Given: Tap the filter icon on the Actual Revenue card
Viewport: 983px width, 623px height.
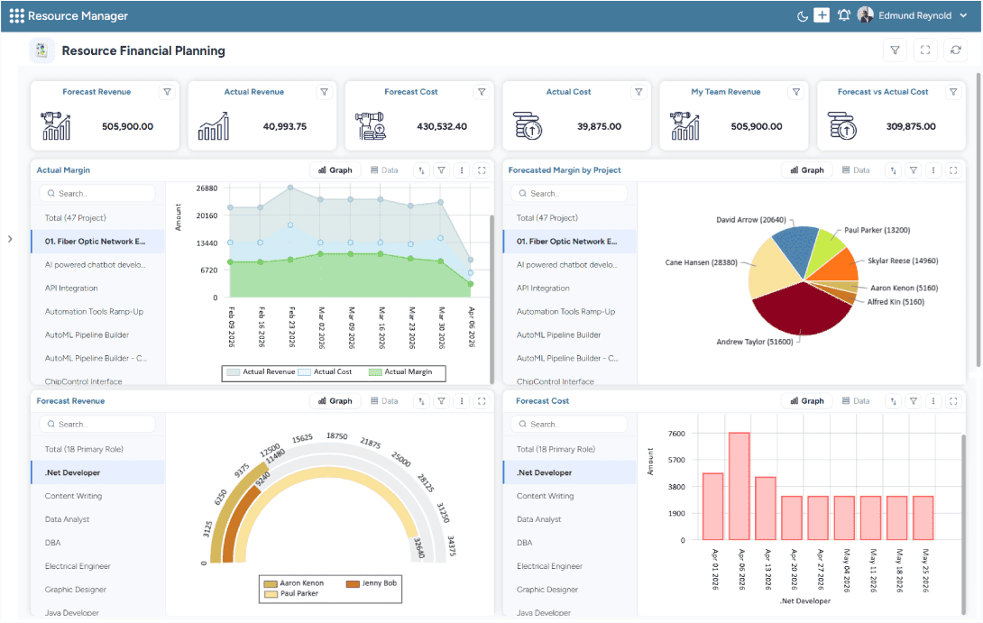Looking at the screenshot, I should (324, 92).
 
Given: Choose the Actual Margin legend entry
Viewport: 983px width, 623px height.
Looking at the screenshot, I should (401, 371).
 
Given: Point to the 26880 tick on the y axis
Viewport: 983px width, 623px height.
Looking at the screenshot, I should (207, 188).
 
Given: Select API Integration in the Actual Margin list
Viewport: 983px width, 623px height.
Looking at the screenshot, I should (71, 289).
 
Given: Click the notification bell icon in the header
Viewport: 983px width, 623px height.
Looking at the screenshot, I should (844, 15).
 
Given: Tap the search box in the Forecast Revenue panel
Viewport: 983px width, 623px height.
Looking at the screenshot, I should (97, 424).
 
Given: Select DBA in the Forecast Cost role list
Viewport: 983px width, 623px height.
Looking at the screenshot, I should (525, 543).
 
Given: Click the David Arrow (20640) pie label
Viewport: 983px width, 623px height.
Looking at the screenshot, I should (750, 219).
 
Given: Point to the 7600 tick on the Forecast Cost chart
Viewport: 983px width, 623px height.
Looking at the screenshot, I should (676, 434).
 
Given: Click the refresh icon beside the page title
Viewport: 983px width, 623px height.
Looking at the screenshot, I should (955, 50).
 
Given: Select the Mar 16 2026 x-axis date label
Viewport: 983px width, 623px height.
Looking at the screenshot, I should (380, 327).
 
